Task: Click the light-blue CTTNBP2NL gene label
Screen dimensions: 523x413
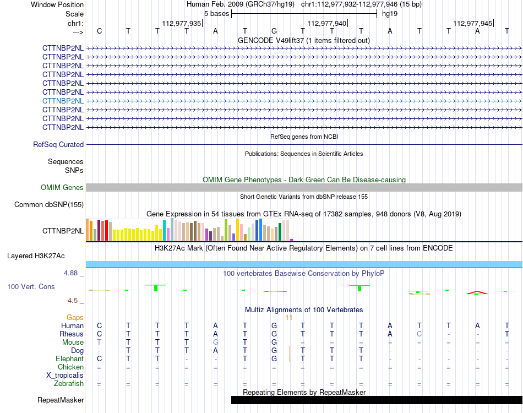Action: [x=63, y=101]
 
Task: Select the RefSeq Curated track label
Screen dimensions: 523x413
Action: [x=58, y=144]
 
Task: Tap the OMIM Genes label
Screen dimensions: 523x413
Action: [x=62, y=187]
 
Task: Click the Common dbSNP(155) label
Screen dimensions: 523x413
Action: [x=48, y=204]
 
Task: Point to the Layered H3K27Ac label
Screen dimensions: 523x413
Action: [x=36, y=256]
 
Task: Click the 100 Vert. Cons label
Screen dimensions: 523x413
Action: [x=31, y=286]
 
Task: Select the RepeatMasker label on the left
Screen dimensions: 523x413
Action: [x=61, y=400]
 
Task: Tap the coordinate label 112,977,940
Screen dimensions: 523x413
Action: [x=327, y=23]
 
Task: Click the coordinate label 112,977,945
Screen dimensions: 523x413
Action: [x=473, y=23]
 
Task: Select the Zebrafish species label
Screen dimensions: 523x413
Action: [x=69, y=384]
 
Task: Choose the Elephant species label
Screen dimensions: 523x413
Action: [x=69, y=358]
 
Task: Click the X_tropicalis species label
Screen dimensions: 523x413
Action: [x=65, y=376]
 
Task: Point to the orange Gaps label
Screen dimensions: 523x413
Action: [x=75, y=317]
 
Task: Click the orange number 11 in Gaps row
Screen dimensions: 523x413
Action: [x=289, y=318]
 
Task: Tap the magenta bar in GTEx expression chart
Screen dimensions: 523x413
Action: [x=292, y=240]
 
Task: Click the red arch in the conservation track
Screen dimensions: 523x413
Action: [x=477, y=292]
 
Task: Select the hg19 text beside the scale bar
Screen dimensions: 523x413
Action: [x=390, y=14]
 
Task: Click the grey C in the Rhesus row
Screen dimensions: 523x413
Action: [x=420, y=334]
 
